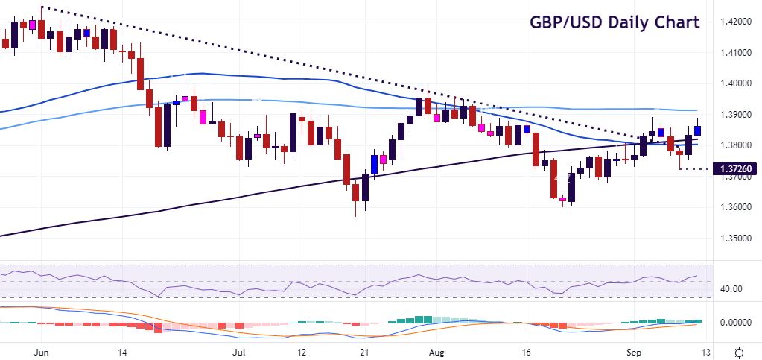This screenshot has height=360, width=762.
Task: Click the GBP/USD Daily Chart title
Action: (x=615, y=22)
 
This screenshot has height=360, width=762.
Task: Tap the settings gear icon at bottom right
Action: (x=739, y=351)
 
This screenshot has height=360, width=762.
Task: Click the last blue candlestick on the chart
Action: (x=698, y=130)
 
